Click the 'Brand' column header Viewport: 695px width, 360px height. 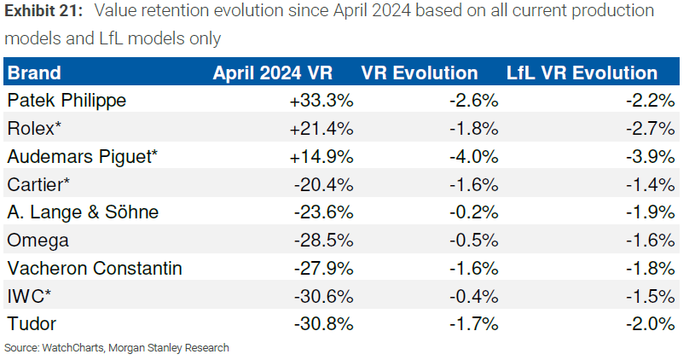pyautogui.click(x=34, y=73)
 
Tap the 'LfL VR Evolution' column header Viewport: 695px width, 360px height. pyautogui.click(x=582, y=73)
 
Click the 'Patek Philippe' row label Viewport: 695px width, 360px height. pyautogui.click(x=67, y=101)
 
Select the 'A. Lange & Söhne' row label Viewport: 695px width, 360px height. pyautogui.click(x=82, y=212)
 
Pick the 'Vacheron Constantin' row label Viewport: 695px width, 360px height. pyautogui.click(x=94, y=269)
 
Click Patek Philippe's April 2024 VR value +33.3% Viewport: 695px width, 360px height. pyautogui.click(x=321, y=101)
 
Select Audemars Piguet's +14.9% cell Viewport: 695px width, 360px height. pyautogui.click(x=321, y=157)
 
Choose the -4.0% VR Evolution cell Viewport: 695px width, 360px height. pyautogui.click(x=473, y=157)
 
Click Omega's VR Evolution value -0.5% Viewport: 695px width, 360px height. pyautogui.click(x=473, y=241)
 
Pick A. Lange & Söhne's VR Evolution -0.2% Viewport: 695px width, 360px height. pyautogui.click(x=473, y=212)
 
